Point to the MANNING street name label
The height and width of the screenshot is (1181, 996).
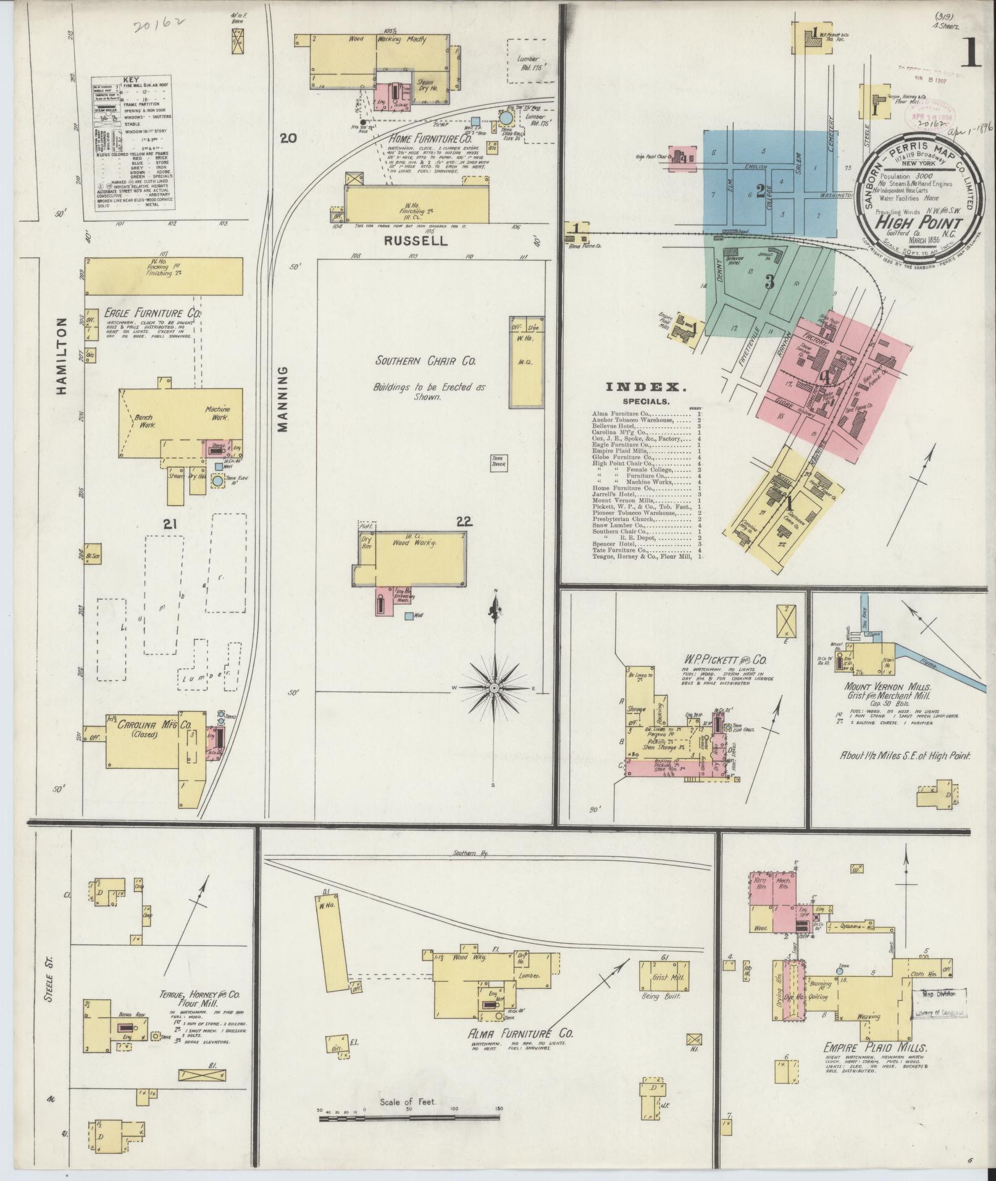click(x=283, y=398)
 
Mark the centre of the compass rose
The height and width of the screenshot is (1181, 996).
click(x=495, y=687)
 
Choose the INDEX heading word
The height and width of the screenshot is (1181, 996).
click(x=646, y=388)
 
